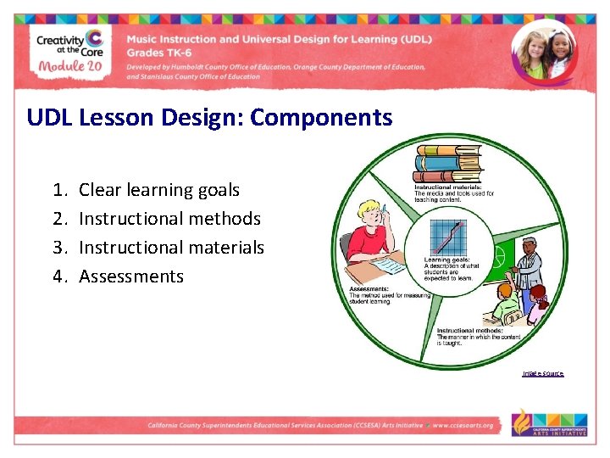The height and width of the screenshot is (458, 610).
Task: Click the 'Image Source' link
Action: pyautogui.click(x=542, y=374)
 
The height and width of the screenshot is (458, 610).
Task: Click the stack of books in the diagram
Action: pyautogui.click(x=446, y=164)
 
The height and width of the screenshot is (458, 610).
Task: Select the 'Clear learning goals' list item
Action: pyautogui.click(x=158, y=190)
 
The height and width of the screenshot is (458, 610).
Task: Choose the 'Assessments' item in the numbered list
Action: pyautogui.click(x=130, y=276)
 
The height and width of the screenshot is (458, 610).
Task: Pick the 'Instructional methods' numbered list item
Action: pyautogui.click(x=169, y=219)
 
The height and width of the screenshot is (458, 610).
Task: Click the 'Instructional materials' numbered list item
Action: pyautogui.click(x=171, y=248)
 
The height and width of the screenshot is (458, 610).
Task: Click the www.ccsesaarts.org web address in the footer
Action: pyautogui.click(x=463, y=426)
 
